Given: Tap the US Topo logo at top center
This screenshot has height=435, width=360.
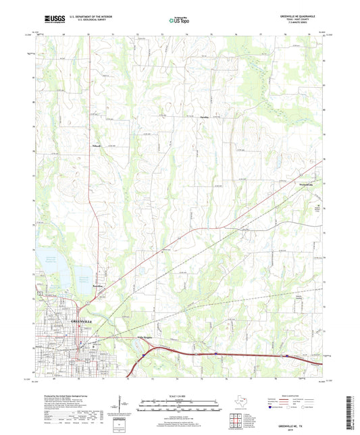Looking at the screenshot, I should click(x=177, y=21).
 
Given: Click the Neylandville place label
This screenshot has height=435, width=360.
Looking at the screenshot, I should click(x=288, y=184).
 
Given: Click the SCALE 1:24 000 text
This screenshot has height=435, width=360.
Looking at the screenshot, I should click(x=179, y=396).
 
